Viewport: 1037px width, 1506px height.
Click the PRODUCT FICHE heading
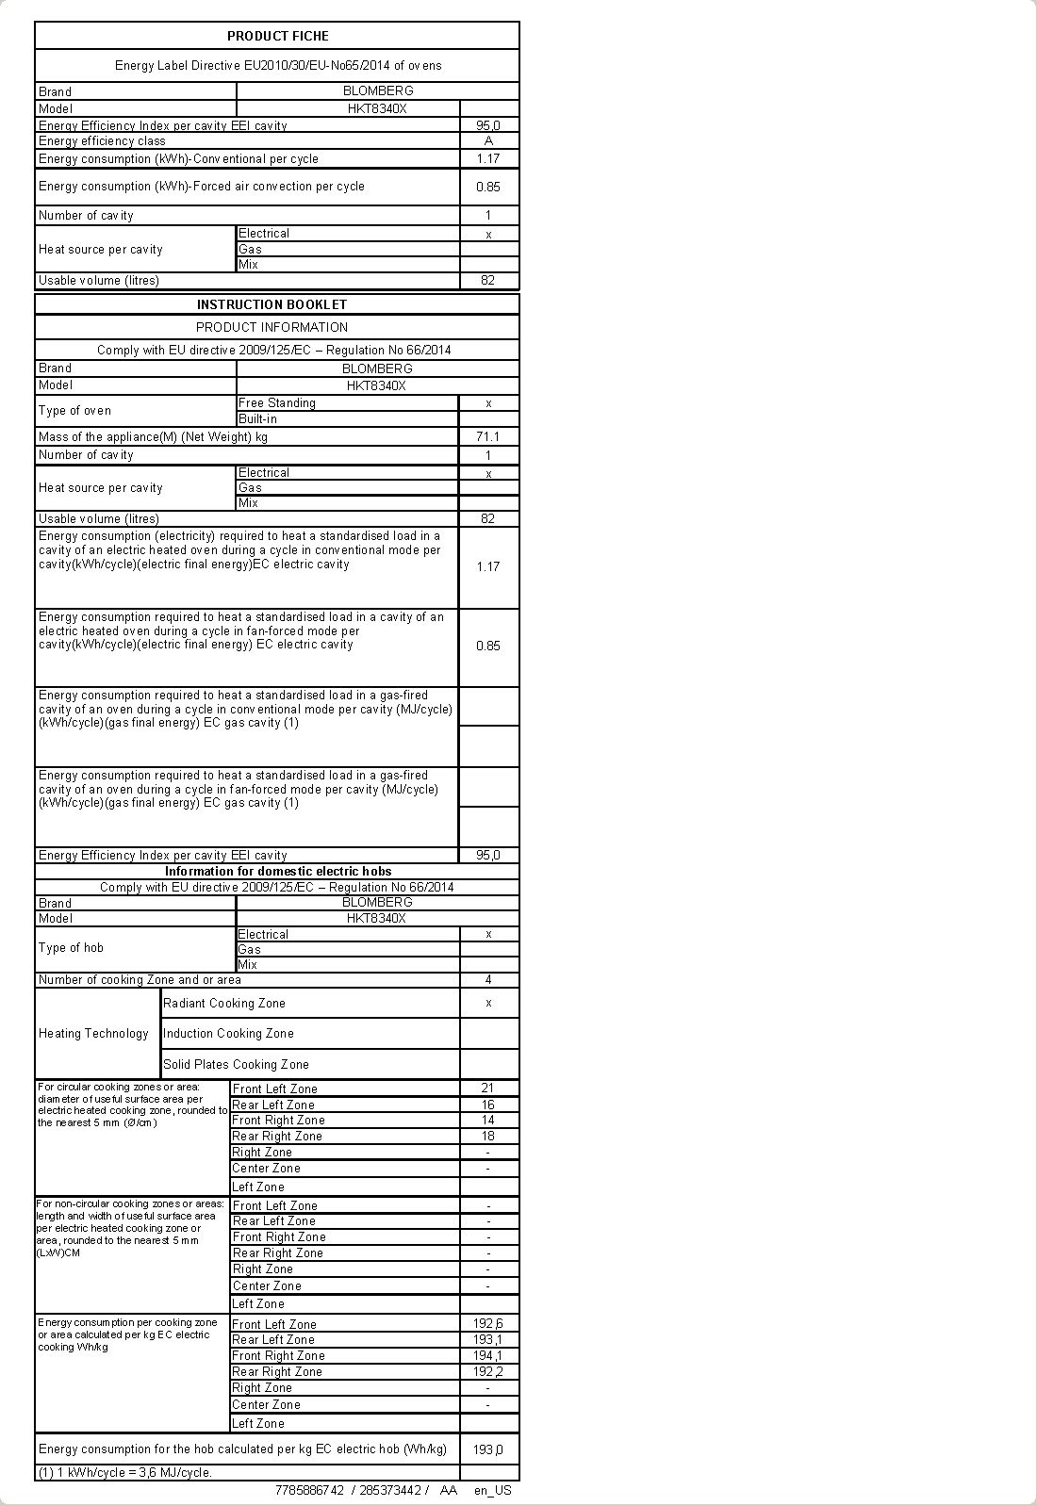(277, 36)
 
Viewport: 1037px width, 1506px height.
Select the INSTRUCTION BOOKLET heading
(272, 304)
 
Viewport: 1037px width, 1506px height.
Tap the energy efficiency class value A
(488, 140)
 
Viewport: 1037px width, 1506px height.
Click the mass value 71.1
(488, 436)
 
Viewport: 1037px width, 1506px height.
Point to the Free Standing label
(277, 402)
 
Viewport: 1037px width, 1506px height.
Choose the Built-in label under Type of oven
(257, 418)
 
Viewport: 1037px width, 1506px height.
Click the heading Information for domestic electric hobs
(278, 871)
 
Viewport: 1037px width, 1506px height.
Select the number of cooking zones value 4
(488, 979)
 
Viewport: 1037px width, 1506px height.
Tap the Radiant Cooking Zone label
(224, 1003)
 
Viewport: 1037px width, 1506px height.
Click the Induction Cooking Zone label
(228, 1033)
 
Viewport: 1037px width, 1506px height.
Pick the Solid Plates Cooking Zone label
(236, 1064)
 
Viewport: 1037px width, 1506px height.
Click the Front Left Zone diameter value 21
(487, 1088)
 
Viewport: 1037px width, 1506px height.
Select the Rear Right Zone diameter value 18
(487, 1136)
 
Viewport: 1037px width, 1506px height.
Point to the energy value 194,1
(487, 1355)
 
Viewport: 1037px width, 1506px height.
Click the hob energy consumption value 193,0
(487, 1449)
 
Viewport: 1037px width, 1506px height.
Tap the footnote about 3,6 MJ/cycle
(125, 1472)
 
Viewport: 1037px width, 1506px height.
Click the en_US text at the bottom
(492, 1490)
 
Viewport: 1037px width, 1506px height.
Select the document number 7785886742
(309, 1490)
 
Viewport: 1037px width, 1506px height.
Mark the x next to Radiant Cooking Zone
(488, 1003)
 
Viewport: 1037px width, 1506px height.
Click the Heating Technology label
(93, 1033)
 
